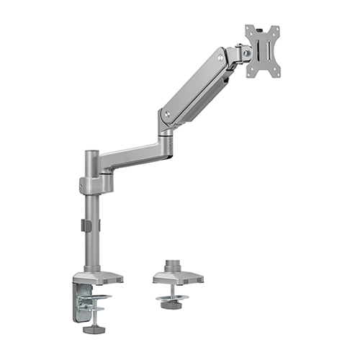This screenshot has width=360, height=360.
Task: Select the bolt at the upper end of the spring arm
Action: point(219,57)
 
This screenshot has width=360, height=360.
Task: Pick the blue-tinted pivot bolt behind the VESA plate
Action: point(247,51)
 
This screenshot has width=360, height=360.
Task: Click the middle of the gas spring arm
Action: point(193,85)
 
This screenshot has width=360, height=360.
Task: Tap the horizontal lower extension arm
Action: point(133,152)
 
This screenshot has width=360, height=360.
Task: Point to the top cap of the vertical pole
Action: point(91,153)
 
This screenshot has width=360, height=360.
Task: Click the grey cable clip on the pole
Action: point(85,225)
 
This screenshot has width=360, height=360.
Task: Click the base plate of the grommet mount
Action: point(177,276)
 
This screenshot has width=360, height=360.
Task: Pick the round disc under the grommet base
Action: point(171,296)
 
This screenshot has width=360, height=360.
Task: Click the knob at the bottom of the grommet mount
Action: point(171,306)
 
